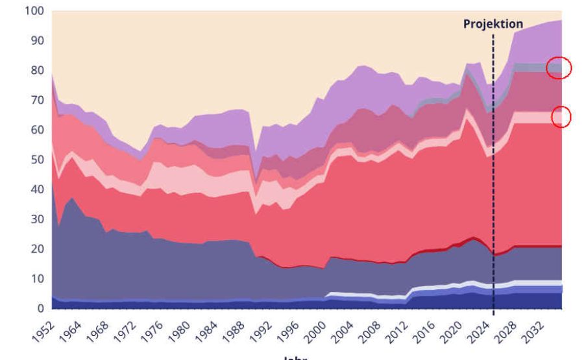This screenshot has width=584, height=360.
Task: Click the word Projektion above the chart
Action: click(x=493, y=24)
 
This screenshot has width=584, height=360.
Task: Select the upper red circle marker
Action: click(x=559, y=67)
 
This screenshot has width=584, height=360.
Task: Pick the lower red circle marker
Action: click(x=561, y=117)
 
